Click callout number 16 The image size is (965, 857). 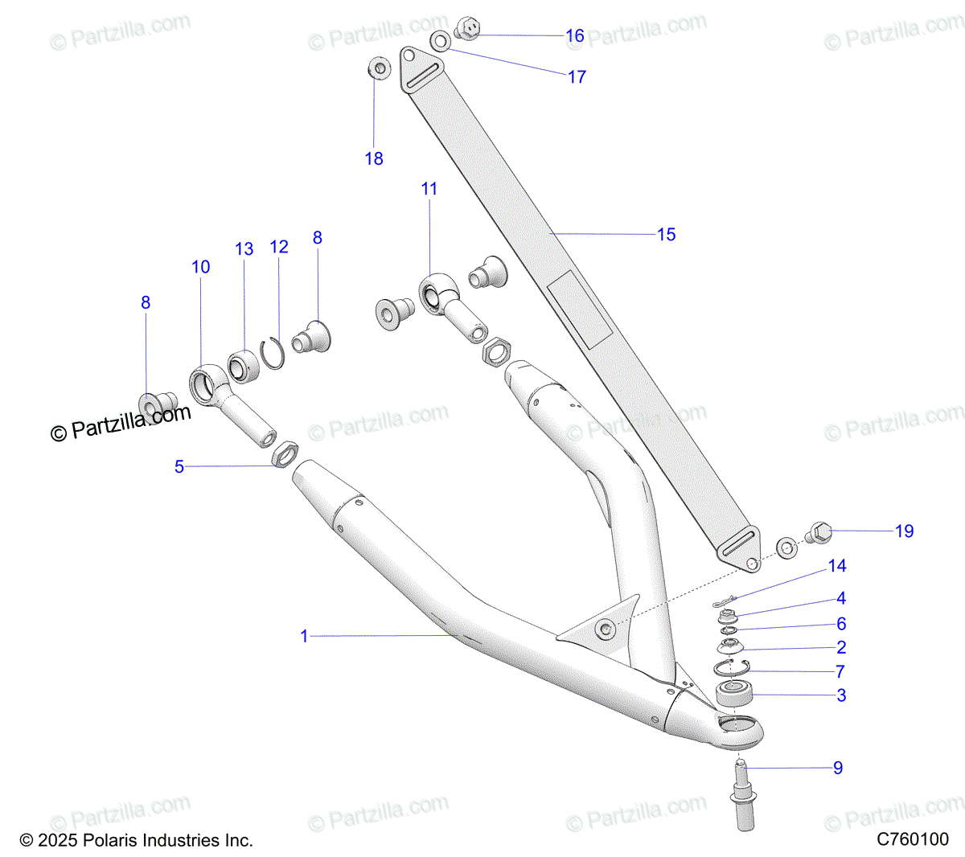[574, 36]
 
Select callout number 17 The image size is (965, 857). [577, 77]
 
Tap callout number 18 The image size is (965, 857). [374, 159]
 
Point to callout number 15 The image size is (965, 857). [666, 235]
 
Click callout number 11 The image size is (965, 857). [429, 189]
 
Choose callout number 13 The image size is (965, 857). [244, 249]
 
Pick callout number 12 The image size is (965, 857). [279, 247]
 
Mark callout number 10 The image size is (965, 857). [201, 267]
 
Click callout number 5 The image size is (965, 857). [179, 466]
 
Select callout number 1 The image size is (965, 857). [304, 636]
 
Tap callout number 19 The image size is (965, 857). [904, 531]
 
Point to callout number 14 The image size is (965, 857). [837, 566]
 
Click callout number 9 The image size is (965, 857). [838, 768]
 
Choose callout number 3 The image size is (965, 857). [841, 695]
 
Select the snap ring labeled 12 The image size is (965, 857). [271, 354]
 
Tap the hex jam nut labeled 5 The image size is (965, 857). [285, 454]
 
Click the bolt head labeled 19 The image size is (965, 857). [818, 532]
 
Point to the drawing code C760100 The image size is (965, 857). [912, 840]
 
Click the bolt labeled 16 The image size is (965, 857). [468, 29]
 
